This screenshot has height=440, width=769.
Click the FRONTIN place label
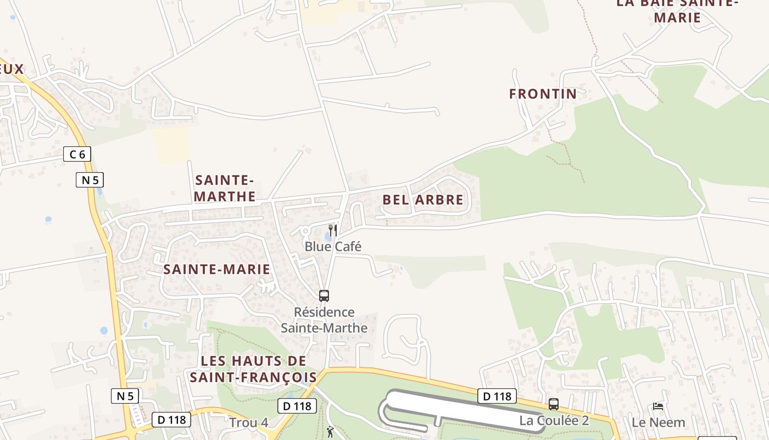(x=543, y=94)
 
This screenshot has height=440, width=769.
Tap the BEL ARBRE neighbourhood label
(x=423, y=200)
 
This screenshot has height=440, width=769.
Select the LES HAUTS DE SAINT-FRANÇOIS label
(x=253, y=369)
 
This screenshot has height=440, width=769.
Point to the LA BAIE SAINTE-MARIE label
(x=677, y=10)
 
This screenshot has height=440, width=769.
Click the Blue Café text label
(x=333, y=246)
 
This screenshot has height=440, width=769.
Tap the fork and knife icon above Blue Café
(x=332, y=230)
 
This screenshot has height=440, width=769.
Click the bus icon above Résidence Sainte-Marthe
(x=324, y=296)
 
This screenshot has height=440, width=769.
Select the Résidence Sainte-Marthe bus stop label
(x=324, y=320)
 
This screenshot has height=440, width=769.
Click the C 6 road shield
(x=77, y=154)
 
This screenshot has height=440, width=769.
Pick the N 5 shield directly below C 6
(x=90, y=180)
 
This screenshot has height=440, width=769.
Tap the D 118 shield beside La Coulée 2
(x=497, y=396)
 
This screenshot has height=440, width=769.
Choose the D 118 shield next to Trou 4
(x=297, y=406)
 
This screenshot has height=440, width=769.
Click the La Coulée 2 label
(x=554, y=421)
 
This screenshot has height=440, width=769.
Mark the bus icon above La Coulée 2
(x=554, y=404)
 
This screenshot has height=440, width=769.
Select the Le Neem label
(x=658, y=422)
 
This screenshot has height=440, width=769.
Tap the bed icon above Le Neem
(x=658, y=406)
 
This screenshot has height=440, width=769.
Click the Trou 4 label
(x=248, y=422)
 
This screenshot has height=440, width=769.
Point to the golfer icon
(x=330, y=432)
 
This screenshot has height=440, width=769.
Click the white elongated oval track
(x=461, y=408)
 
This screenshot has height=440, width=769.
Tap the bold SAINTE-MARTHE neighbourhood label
(x=225, y=188)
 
